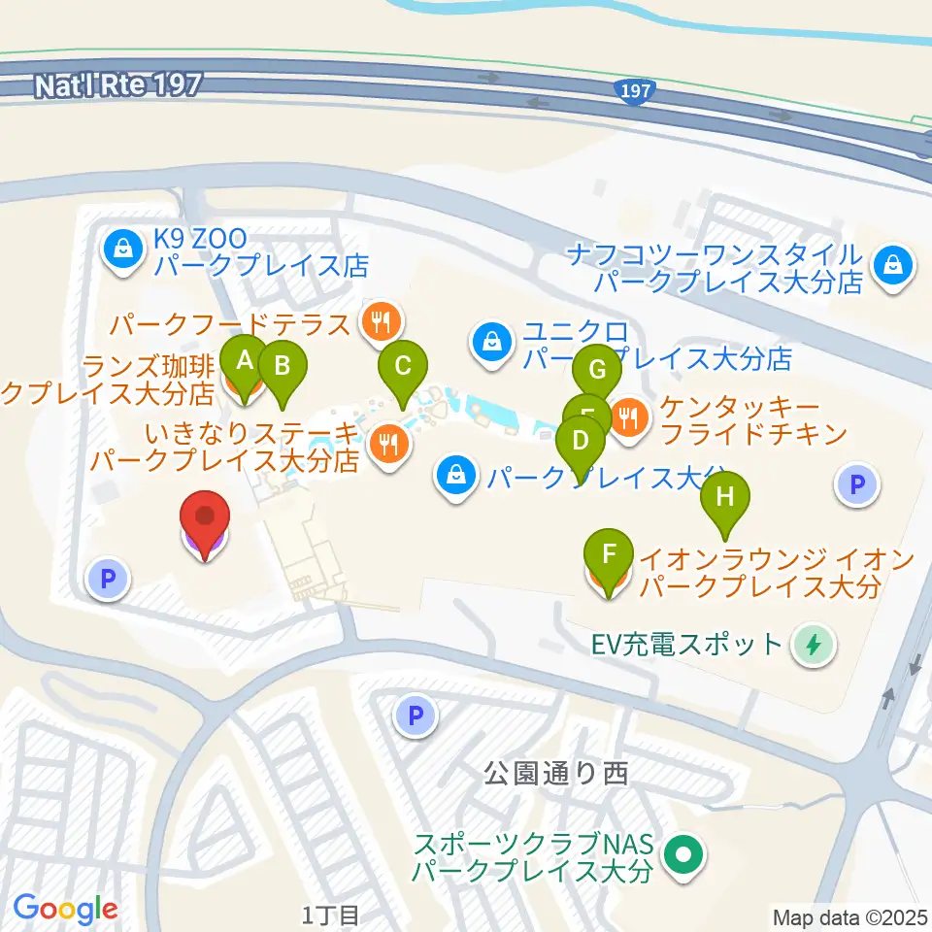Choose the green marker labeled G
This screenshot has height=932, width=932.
pos(597,370)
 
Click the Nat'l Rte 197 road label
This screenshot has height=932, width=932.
pos(116,85)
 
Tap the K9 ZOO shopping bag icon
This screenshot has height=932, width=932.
pos(123,250)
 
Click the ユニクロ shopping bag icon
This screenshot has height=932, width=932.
pos(493,343)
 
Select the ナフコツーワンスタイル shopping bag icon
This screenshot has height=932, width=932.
pos(890,264)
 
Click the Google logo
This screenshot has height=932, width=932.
pos(66,909)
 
